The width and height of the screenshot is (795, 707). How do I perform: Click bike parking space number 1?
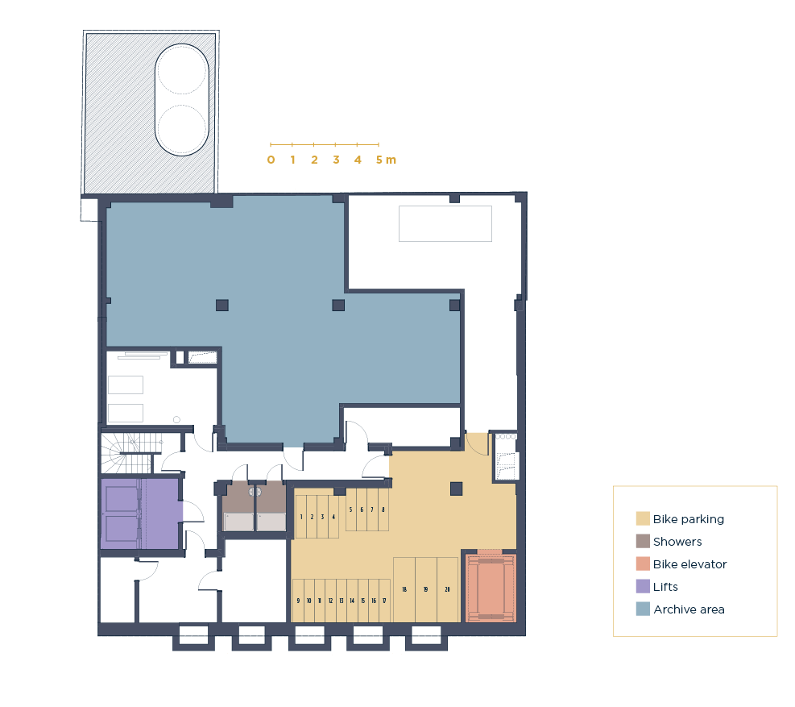300,517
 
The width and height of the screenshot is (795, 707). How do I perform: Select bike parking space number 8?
383,509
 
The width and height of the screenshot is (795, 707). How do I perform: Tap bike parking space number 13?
342,601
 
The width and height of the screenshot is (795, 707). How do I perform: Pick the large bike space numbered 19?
426,590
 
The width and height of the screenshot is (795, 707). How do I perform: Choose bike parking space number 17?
384,601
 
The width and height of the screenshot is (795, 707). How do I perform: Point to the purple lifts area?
141,514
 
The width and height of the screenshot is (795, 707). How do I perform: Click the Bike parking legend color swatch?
643,518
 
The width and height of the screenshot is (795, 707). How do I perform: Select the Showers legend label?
677,542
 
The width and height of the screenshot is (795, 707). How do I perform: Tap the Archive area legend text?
689,609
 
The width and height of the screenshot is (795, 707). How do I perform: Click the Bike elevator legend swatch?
643,564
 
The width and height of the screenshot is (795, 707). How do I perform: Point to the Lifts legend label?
665,587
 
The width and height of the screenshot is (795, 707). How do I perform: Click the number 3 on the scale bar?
336,160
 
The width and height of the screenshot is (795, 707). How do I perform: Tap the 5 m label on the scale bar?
386,160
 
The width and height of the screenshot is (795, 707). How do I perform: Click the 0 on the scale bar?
271,160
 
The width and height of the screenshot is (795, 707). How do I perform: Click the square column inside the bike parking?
457,489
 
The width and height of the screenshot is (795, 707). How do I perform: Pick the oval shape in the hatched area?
181,99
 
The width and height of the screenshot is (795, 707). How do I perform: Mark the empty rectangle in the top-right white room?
445,223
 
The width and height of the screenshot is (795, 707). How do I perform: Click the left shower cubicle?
238,506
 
